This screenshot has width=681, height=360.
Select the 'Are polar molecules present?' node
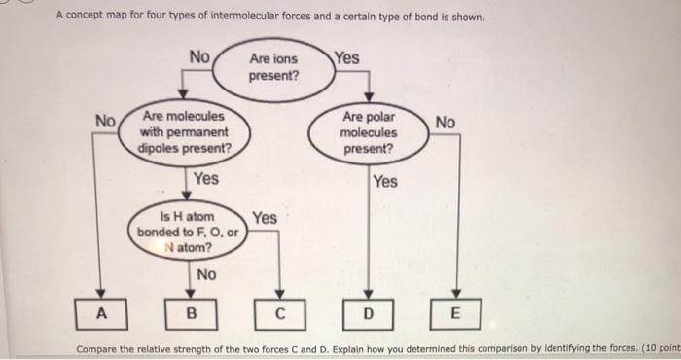point(368,132)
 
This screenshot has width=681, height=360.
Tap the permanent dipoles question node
point(184,131)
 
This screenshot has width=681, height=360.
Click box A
point(98,313)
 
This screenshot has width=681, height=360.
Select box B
point(191,314)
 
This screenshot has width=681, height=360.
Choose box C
point(279,314)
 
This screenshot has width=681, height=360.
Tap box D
point(368,314)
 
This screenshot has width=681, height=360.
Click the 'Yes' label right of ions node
point(346,57)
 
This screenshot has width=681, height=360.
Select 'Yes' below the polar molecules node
point(386,181)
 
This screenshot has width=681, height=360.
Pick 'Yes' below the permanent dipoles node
point(206,178)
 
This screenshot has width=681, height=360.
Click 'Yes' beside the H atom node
point(265,218)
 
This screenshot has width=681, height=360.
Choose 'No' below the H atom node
point(206,274)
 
